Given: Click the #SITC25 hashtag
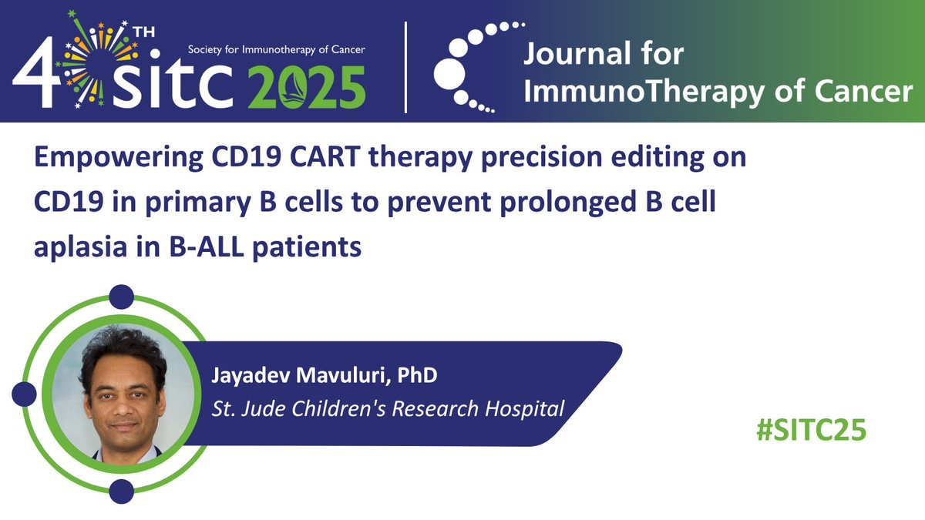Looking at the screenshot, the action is [811, 430].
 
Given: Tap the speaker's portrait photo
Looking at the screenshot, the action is [123, 394].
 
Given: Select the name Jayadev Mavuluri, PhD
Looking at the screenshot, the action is [325, 376].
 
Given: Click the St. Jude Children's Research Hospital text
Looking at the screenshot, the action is [388, 408].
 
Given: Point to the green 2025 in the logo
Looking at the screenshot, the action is [307, 87].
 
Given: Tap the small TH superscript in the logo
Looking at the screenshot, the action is [143, 32].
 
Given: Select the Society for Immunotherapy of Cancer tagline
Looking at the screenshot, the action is [276, 50].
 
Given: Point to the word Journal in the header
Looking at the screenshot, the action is [577, 55].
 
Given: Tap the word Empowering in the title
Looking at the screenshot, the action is [118, 158].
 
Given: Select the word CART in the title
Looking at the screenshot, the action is [325, 157].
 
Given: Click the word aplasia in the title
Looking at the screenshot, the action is [80, 247].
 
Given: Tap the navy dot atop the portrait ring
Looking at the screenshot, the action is [122, 297].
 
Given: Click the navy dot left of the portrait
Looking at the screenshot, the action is [25, 394].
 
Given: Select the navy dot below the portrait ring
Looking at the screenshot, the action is [122, 491].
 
